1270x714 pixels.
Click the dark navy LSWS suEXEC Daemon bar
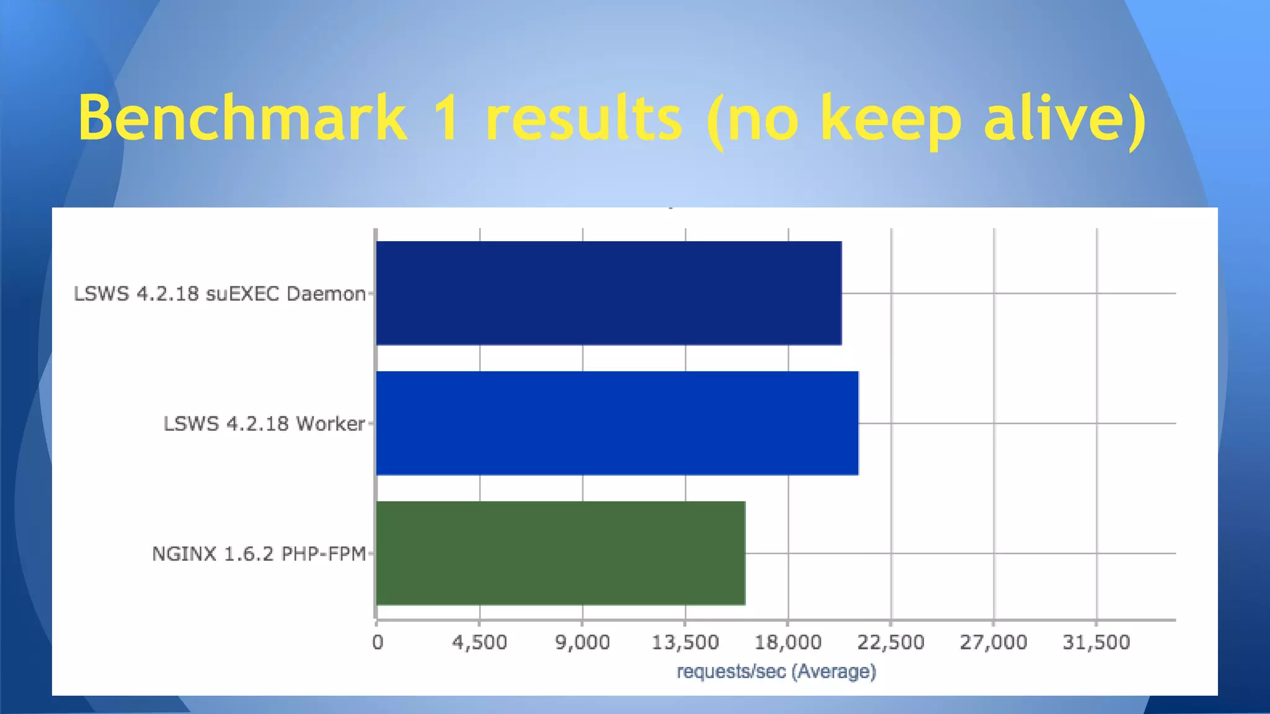pyautogui.click(x=608, y=293)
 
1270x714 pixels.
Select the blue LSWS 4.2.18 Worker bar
pyautogui.click(x=617, y=423)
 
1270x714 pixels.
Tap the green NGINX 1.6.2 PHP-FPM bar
pyautogui.click(x=560, y=553)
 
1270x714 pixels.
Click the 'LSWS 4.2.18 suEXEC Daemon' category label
pyautogui.click(x=220, y=294)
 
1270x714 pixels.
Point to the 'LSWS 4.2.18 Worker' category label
pyautogui.click(x=264, y=424)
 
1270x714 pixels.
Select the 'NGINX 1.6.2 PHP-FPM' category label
pyautogui.click(x=259, y=553)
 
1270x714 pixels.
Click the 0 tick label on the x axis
pyautogui.click(x=377, y=643)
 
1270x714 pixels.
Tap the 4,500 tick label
pyautogui.click(x=479, y=643)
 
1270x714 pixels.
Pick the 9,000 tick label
pyautogui.click(x=582, y=643)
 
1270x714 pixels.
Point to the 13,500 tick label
pyautogui.click(x=685, y=643)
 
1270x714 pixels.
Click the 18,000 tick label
pyautogui.click(x=788, y=643)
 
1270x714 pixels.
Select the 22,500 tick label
pyautogui.click(x=890, y=643)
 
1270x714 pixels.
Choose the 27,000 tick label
pyautogui.click(x=993, y=643)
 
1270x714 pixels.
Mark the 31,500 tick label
pyautogui.click(x=1096, y=643)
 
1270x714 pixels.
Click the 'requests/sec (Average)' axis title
pyautogui.click(x=776, y=671)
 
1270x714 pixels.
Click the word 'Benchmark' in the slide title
pyautogui.click(x=242, y=118)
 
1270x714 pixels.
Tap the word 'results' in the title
pyautogui.click(x=584, y=118)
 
